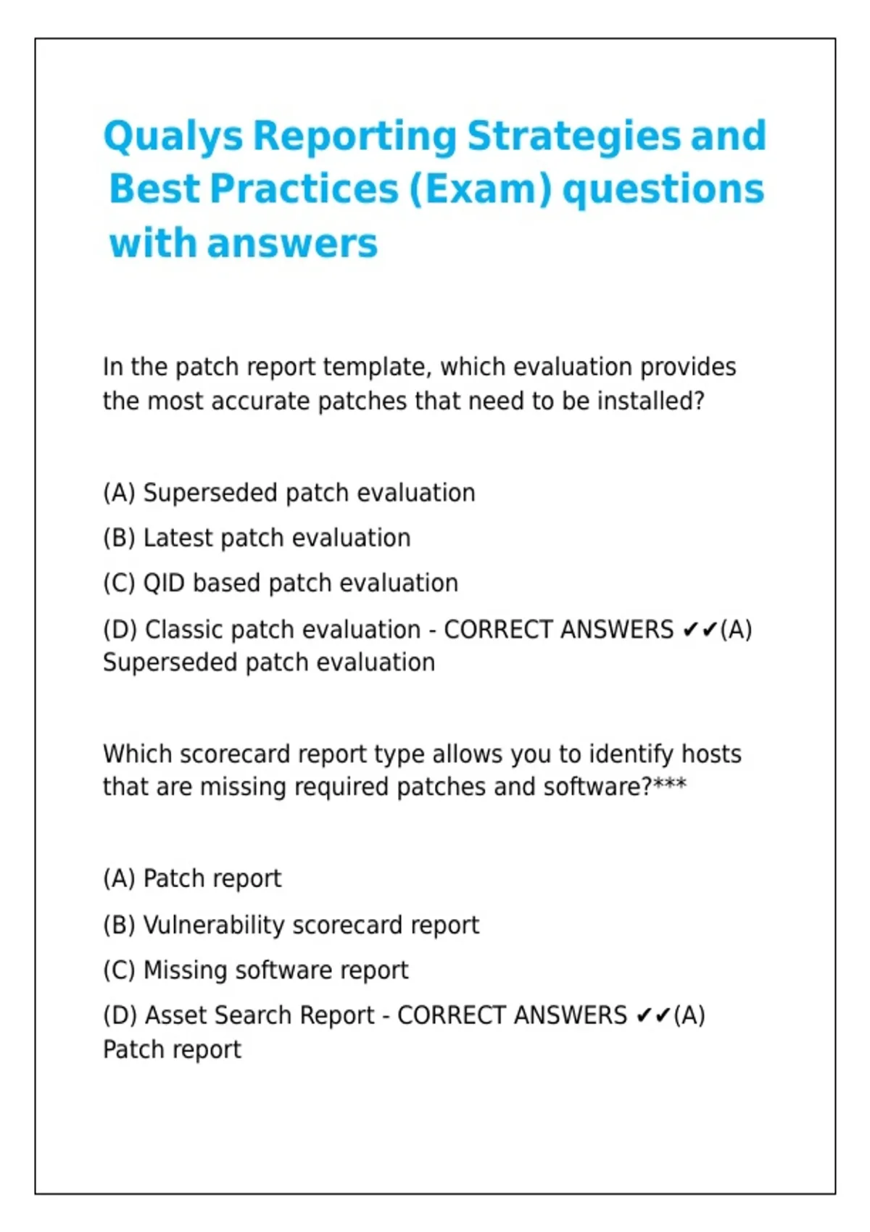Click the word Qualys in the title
pos(173,136)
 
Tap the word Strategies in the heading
pos(574,136)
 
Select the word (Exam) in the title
pos(480,190)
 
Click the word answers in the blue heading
pos(292,244)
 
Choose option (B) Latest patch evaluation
pos(257,537)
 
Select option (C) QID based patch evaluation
pos(281,583)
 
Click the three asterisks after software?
pos(670,783)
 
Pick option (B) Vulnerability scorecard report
pos(291,925)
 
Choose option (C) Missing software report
pos(256,970)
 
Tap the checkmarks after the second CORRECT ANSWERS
pos(653,1016)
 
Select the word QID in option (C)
pos(164,583)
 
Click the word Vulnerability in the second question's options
pos(213,925)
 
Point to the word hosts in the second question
pos(711,754)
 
